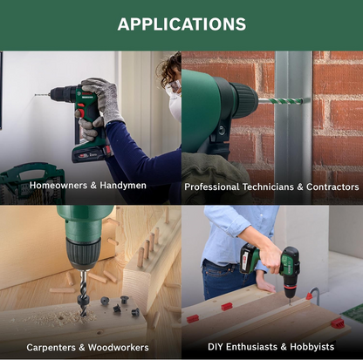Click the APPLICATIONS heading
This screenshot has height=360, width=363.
pyautogui.click(x=181, y=24)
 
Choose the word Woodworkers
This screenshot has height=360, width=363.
pyautogui.click(x=118, y=348)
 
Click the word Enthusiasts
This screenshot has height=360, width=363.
pyautogui.click(x=251, y=347)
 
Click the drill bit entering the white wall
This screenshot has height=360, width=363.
pyautogui.click(x=43, y=94)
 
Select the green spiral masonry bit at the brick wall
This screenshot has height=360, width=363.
pyautogui.click(x=281, y=101)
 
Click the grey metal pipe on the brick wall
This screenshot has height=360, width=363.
pyautogui.click(x=292, y=128)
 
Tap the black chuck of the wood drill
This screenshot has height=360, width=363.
pyautogui.click(x=83, y=253)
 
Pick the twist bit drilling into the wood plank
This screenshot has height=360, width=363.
pyautogui.click(x=83, y=294)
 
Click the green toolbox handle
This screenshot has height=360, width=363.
pyautogui.click(x=31, y=175)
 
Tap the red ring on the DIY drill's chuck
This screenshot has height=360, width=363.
pyautogui.click(x=290, y=286)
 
